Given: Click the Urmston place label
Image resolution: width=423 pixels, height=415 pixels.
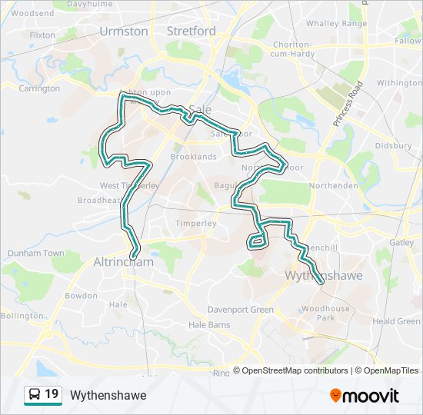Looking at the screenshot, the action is coord(123,32).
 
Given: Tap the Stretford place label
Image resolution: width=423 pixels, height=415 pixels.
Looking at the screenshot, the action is coord(192,32).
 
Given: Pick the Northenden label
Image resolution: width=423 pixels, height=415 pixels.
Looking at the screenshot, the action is coord(333,186).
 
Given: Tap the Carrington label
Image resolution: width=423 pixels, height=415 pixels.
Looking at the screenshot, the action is coord(39,88).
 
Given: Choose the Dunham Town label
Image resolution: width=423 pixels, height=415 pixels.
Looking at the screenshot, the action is coord(36,253).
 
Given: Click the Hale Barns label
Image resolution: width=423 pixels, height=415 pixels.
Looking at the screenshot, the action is coord(209,325).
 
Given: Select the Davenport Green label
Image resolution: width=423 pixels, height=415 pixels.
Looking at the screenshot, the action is coord(240,310).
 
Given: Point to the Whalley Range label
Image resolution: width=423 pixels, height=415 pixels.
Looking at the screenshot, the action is coord(336,24).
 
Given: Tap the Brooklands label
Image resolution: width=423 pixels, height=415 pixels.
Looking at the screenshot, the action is coord(193,156).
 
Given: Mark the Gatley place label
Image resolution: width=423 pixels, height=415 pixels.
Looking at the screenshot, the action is coord(401,242).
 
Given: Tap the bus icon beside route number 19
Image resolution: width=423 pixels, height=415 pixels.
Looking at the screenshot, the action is coord(35,395).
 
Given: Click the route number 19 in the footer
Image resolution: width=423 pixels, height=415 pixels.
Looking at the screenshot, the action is coord(52,394).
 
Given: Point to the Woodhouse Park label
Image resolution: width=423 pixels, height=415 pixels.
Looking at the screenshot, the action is coord(325,313).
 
